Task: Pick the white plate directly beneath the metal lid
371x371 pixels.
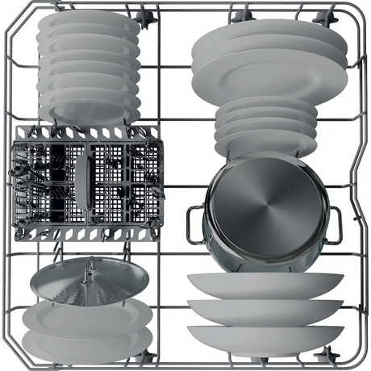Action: point(87,317)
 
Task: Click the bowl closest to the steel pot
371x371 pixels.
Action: point(265,284)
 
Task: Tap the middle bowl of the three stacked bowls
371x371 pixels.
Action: point(265,310)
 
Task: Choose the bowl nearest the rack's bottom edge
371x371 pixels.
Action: point(265,336)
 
